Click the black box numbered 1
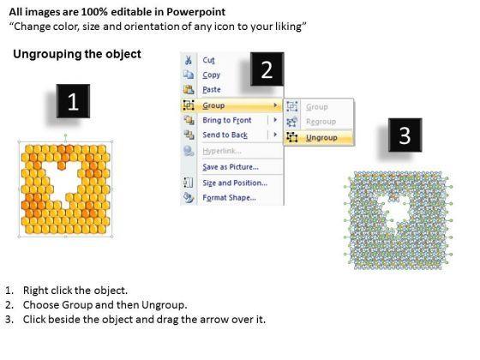[x=73, y=101]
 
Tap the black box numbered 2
[x=267, y=69]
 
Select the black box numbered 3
[x=405, y=135]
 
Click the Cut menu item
[x=208, y=60]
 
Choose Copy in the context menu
[x=211, y=75]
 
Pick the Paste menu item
[x=212, y=90]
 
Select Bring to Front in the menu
[x=227, y=120]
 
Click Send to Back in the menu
[x=225, y=135]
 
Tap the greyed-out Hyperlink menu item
[x=222, y=151]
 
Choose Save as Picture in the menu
[x=231, y=167]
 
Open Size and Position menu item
[x=235, y=183]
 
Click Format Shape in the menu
[x=230, y=198]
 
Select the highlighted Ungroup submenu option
[x=321, y=138]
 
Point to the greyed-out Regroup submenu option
[x=321, y=122]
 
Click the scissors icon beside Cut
[x=189, y=60]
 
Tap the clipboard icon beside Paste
[x=189, y=89]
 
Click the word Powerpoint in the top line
[x=196, y=12]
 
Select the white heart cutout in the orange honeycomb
[x=64, y=183]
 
